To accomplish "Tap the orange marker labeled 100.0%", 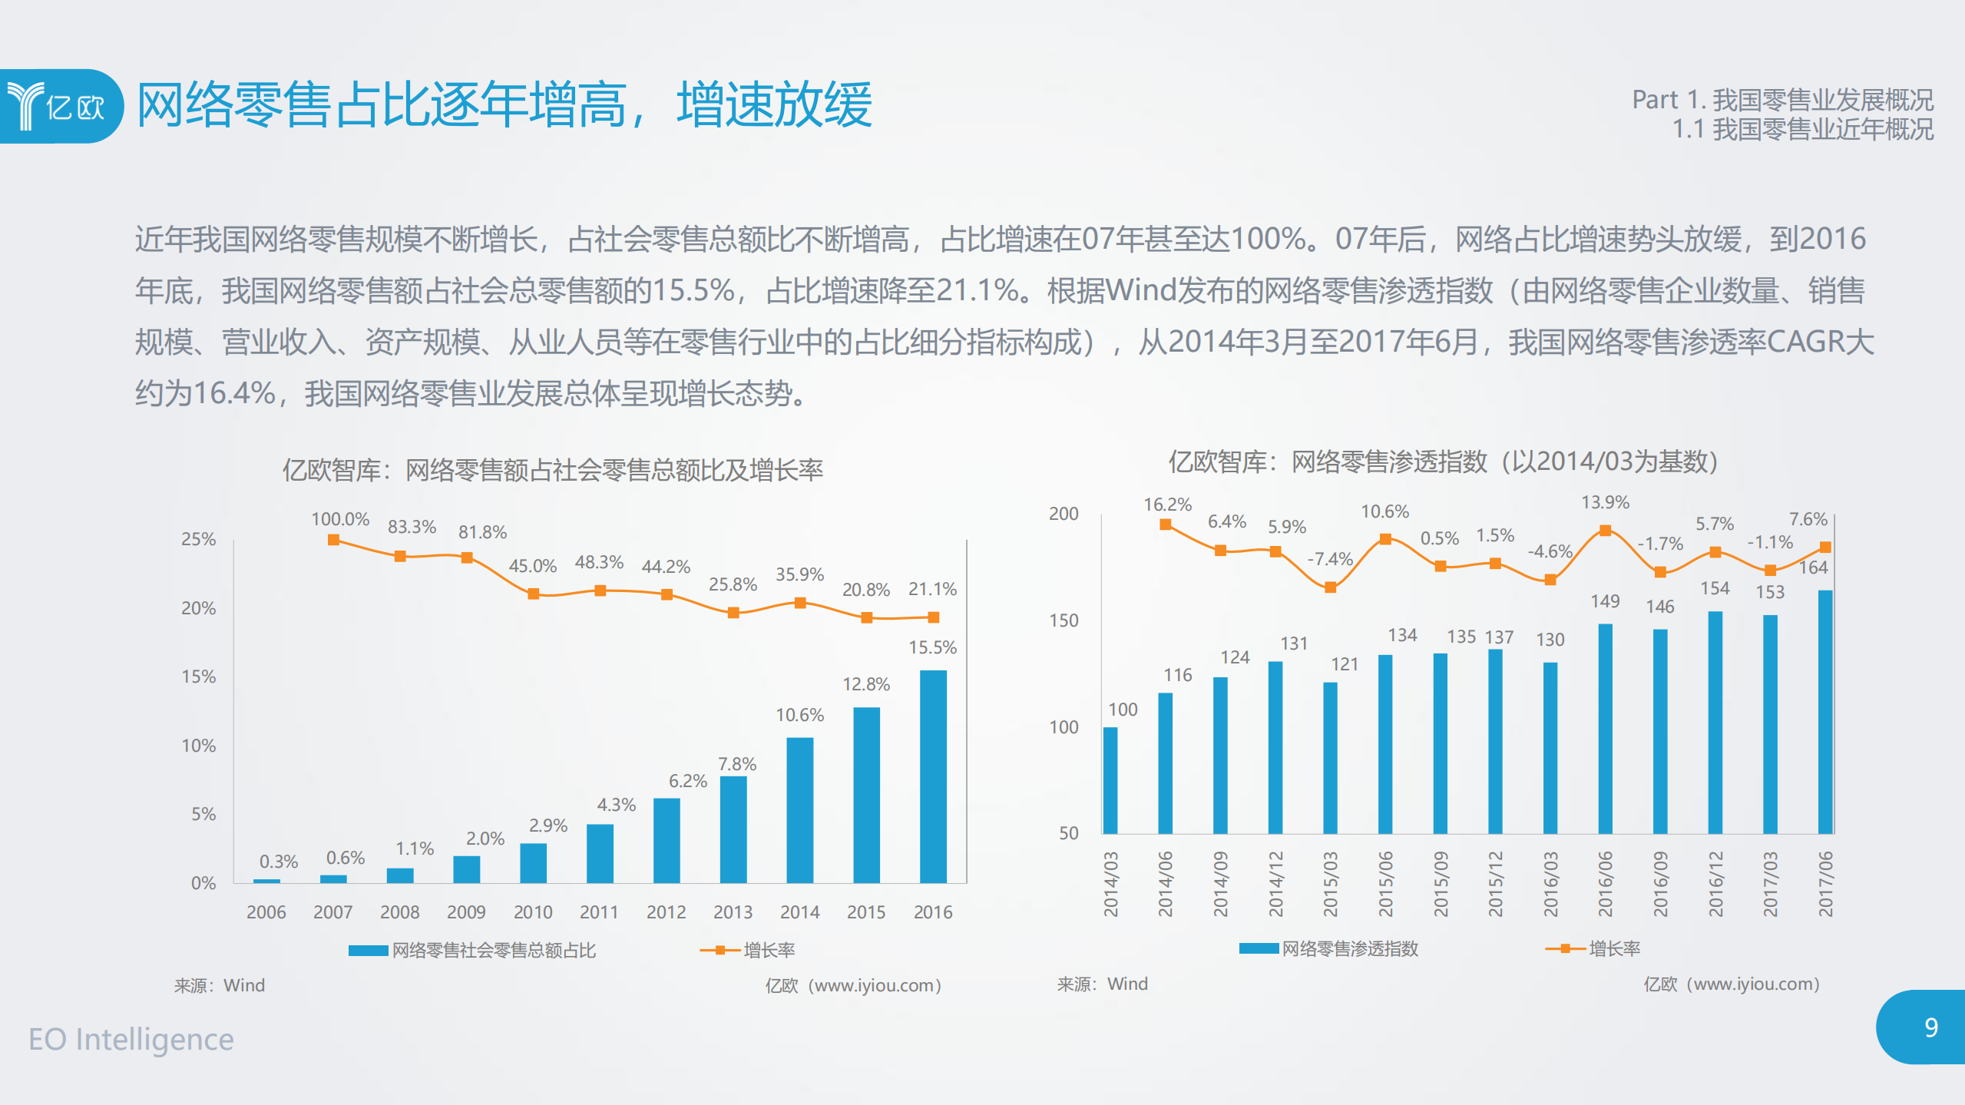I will pos(333,540).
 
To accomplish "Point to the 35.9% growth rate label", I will pos(799,574).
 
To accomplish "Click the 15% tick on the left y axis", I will pos(198,677).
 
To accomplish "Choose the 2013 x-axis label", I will pos(733,911).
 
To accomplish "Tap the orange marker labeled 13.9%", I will pos(1605,531).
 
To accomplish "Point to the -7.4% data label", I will pos(1330,559).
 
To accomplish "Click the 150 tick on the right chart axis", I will pos(1064,620).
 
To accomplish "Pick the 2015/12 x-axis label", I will pos(1496,884).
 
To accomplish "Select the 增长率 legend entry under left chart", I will pos(768,951).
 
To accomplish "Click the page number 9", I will pos(1930,1027).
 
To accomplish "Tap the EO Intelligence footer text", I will pos(131,1039).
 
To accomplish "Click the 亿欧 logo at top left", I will pos(58,106).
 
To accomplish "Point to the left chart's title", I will pos(552,470).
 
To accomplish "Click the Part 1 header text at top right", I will pos(1781,100).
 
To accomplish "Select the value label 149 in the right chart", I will pos(1605,601).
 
